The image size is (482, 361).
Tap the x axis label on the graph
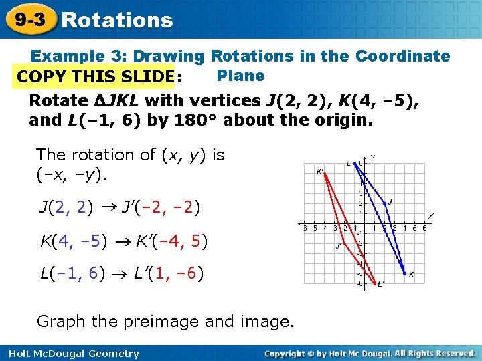[431, 216]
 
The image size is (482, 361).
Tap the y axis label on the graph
[372, 158]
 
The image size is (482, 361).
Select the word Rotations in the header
[116, 21]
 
